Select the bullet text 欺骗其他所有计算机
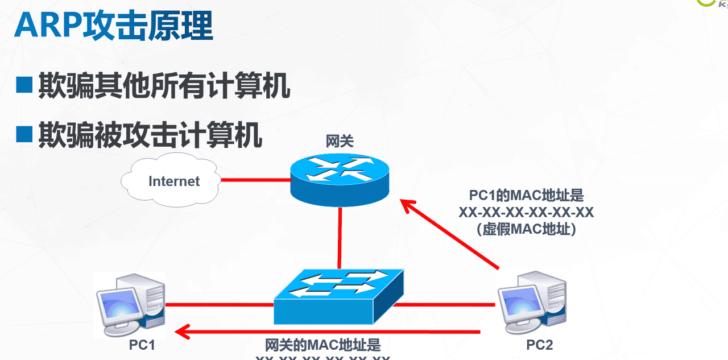[x=164, y=86]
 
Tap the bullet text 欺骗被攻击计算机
[x=150, y=135]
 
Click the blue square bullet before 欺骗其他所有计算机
[x=24, y=86]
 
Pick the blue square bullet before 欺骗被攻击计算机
[x=24, y=135]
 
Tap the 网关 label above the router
[x=340, y=141]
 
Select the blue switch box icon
[x=339, y=296]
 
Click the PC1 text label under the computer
[x=142, y=345]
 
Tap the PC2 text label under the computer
[x=539, y=345]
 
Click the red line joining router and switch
[x=340, y=238]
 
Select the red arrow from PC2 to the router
[x=449, y=233]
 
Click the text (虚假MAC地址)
[x=527, y=229]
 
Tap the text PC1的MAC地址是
[x=527, y=196]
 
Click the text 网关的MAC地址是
[x=323, y=345]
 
